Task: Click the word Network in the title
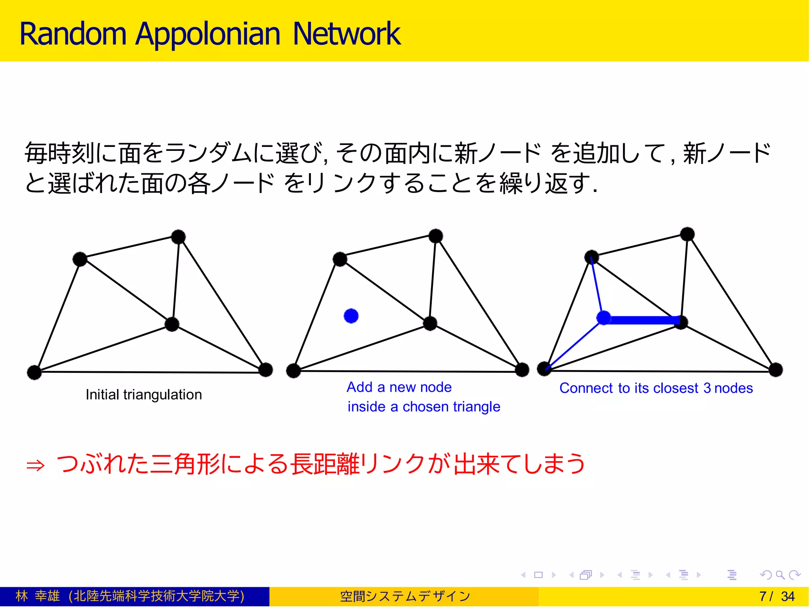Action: [346, 34]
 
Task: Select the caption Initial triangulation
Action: [144, 395]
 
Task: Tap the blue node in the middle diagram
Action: [351, 316]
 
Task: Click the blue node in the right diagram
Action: [604, 318]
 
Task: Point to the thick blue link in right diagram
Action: [642, 320]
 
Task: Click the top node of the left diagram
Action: [179, 237]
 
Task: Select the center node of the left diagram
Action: [172, 324]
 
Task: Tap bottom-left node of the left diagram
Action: [34, 372]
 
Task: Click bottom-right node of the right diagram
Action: [776, 370]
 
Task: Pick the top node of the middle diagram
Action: [436, 236]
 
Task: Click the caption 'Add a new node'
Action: [399, 387]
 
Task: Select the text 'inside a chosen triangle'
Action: [424, 407]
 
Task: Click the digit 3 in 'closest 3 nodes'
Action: [707, 388]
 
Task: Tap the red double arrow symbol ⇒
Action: [36, 466]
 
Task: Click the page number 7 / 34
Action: [777, 596]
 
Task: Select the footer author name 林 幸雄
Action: [38, 596]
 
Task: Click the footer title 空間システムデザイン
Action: [405, 596]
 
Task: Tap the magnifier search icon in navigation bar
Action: [780, 575]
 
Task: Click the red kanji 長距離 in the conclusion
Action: [325, 464]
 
